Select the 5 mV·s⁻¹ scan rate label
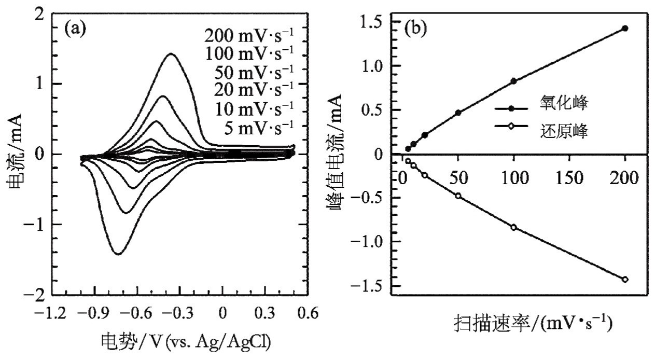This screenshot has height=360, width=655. point(258,126)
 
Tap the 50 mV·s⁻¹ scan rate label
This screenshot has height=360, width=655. point(254,72)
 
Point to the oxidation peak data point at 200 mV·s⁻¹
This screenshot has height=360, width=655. point(625,29)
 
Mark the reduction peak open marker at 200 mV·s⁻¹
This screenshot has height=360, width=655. point(625,279)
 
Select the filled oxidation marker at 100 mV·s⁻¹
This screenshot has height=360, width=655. point(513,81)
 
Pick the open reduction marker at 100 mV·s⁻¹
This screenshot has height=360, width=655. point(513,227)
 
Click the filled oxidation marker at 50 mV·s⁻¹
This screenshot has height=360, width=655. point(458,113)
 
